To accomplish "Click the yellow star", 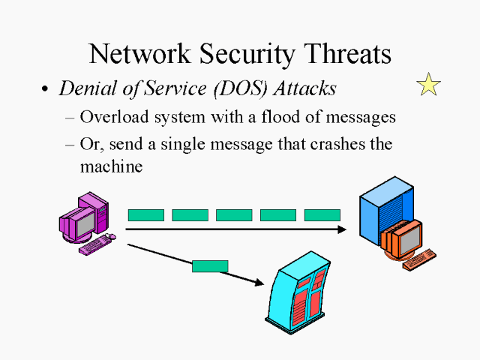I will (x=428, y=85).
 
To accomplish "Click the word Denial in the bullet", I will (x=84, y=88).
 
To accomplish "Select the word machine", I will (x=111, y=166).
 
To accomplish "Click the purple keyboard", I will (x=97, y=244).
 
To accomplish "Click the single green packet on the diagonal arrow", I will (x=210, y=265).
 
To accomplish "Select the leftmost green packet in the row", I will (x=145, y=215).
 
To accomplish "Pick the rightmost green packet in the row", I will (x=322, y=215).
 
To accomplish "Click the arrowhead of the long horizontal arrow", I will (x=343, y=229).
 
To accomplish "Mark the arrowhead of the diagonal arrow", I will (x=260, y=283).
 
